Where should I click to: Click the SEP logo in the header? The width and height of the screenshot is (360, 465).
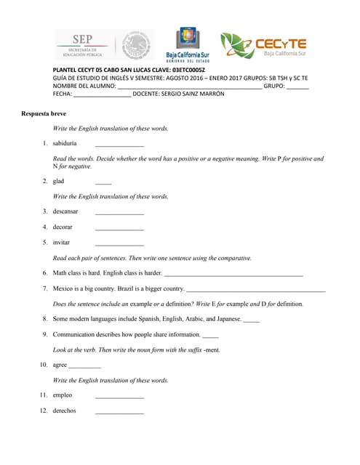(85, 45)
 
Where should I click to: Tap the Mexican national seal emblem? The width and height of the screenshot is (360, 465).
(135, 45)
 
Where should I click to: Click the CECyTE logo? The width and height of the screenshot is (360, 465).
(263, 46)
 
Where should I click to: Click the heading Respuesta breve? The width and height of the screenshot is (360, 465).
(44, 114)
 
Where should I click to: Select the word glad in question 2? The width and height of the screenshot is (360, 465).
(59, 181)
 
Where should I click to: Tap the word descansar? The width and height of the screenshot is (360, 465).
(65, 211)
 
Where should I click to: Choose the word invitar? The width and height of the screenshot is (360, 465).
(62, 242)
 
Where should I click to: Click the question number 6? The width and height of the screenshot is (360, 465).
(45, 273)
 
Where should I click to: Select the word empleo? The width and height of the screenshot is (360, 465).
(63, 395)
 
